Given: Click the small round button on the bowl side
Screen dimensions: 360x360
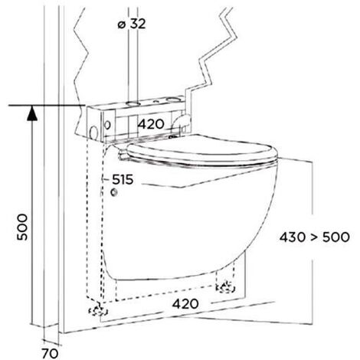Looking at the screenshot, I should (114, 195).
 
